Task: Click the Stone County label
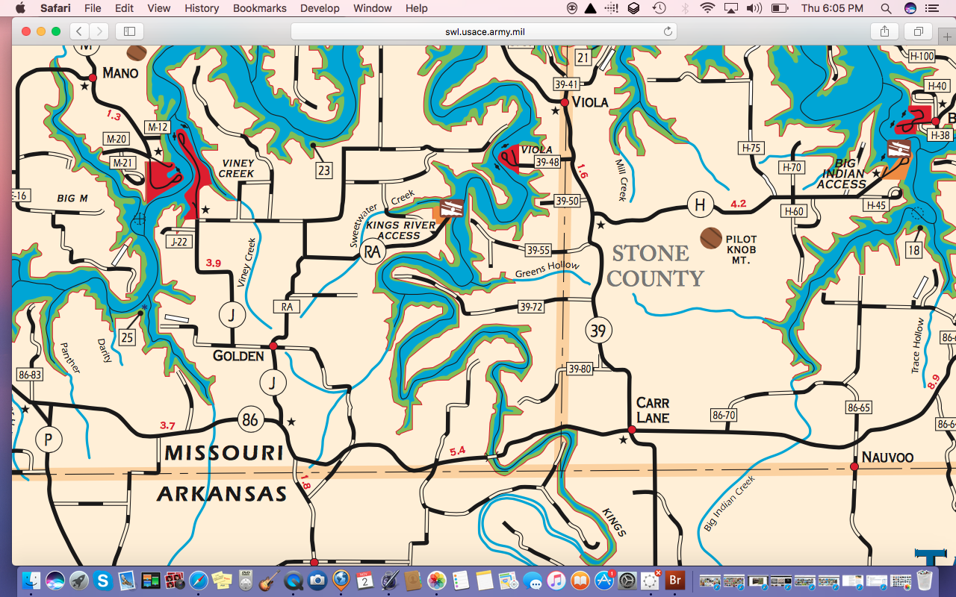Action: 654,266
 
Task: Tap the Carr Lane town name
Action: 652,410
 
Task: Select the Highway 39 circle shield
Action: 597,330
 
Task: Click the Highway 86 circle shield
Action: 249,419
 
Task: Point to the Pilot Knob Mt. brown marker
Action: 710,238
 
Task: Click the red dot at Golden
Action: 273,346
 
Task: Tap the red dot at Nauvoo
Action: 854,466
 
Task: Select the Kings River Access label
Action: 400,230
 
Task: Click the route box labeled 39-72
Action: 531,307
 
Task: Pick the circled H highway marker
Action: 699,204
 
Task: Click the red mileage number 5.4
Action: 457,451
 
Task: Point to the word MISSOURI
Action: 224,453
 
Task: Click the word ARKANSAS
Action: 222,493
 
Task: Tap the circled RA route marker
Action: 372,252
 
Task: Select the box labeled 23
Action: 323,170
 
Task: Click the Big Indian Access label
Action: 842,174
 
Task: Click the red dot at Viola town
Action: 565,103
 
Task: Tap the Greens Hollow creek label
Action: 547,269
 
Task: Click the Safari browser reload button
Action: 668,31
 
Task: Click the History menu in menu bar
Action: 202,8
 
